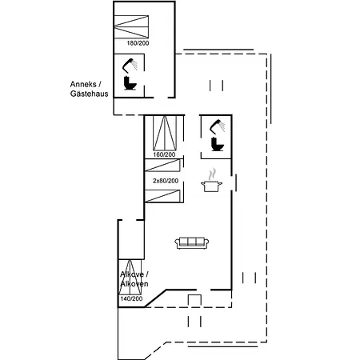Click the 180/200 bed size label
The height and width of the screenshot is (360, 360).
click(138, 43)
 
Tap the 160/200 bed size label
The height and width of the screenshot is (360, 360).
click(164, 154)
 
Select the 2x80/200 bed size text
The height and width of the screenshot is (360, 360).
click(166, 181)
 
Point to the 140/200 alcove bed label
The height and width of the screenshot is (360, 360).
click(131, 298)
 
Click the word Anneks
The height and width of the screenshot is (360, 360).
click(83, 84)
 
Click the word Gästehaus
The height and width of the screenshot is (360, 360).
click(90, 94)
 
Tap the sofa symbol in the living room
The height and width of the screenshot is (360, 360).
click(192, 242)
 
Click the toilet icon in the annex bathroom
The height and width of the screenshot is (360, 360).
click(130, 83)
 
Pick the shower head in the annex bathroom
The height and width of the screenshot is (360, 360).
click(130, 65)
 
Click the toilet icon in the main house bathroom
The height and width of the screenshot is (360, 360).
click(218, 144)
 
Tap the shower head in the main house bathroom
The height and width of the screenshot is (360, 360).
click(217, 126)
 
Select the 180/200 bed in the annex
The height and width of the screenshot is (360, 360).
click(131, 26)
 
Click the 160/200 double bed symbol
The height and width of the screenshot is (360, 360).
click(165, 133)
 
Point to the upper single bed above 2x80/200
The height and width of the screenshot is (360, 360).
click(162, 166)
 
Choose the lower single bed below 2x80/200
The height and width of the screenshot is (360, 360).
click(162, 196)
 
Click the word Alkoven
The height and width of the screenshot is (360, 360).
click(134, 284)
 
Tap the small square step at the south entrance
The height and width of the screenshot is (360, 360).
click(194, 300)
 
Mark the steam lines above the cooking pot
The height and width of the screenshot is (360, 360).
click(212, 174)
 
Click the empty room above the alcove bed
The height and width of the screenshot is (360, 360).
click(131, 239)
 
